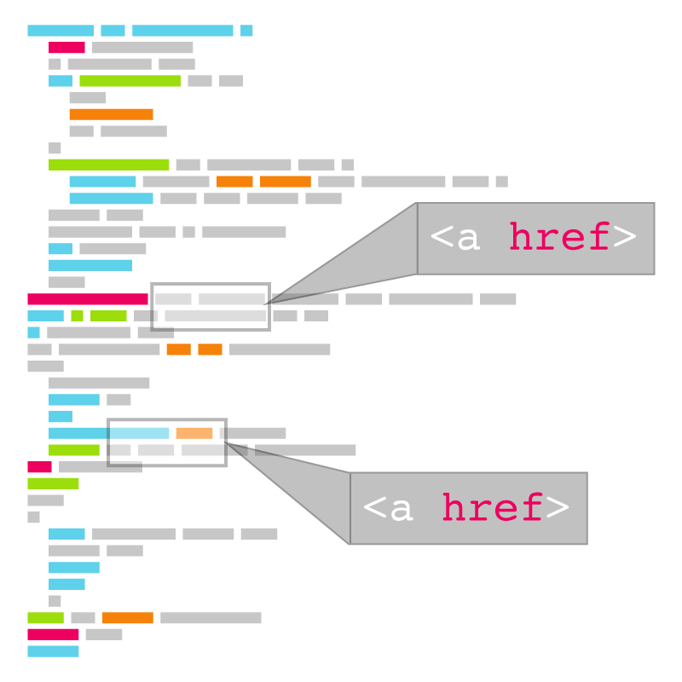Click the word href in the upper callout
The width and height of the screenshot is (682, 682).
(x=559, y=238)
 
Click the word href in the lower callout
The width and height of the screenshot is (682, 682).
(x=492, y=509)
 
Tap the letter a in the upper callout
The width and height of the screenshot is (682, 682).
(x=468, y=240)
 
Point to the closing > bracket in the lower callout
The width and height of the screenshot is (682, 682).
(x=558, y=509)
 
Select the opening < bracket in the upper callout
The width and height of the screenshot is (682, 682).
(x=442, y=238)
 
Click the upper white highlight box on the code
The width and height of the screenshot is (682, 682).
(x=211, y=307)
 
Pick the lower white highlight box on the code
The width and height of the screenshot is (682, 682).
(x=167, y=442)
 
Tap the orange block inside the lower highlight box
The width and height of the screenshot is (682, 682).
(x=194, y=433)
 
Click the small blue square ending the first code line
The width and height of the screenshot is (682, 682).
(x=246, y=31)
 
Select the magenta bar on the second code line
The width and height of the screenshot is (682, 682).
(x=66, y=48)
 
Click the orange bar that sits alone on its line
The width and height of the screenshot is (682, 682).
(x=111, y=114)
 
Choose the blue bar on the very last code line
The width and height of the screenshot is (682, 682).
(x=53, y=651)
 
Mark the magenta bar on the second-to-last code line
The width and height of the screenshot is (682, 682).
(x=53, y=634)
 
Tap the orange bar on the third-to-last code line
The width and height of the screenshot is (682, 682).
(x=128, y=618)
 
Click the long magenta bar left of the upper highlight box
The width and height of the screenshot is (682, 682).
(x=88, y=299)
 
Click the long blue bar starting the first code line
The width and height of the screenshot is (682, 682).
(x=61, y=31)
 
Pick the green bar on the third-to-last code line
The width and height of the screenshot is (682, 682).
(x=45, y=618)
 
